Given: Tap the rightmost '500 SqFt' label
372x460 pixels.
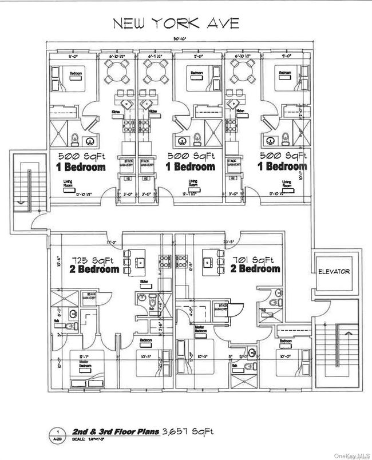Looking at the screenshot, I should tap(283, 156).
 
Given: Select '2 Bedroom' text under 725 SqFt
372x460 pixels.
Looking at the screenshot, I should tap(96, 269).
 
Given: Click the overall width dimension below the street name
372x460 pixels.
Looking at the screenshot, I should tap(183, 39).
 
